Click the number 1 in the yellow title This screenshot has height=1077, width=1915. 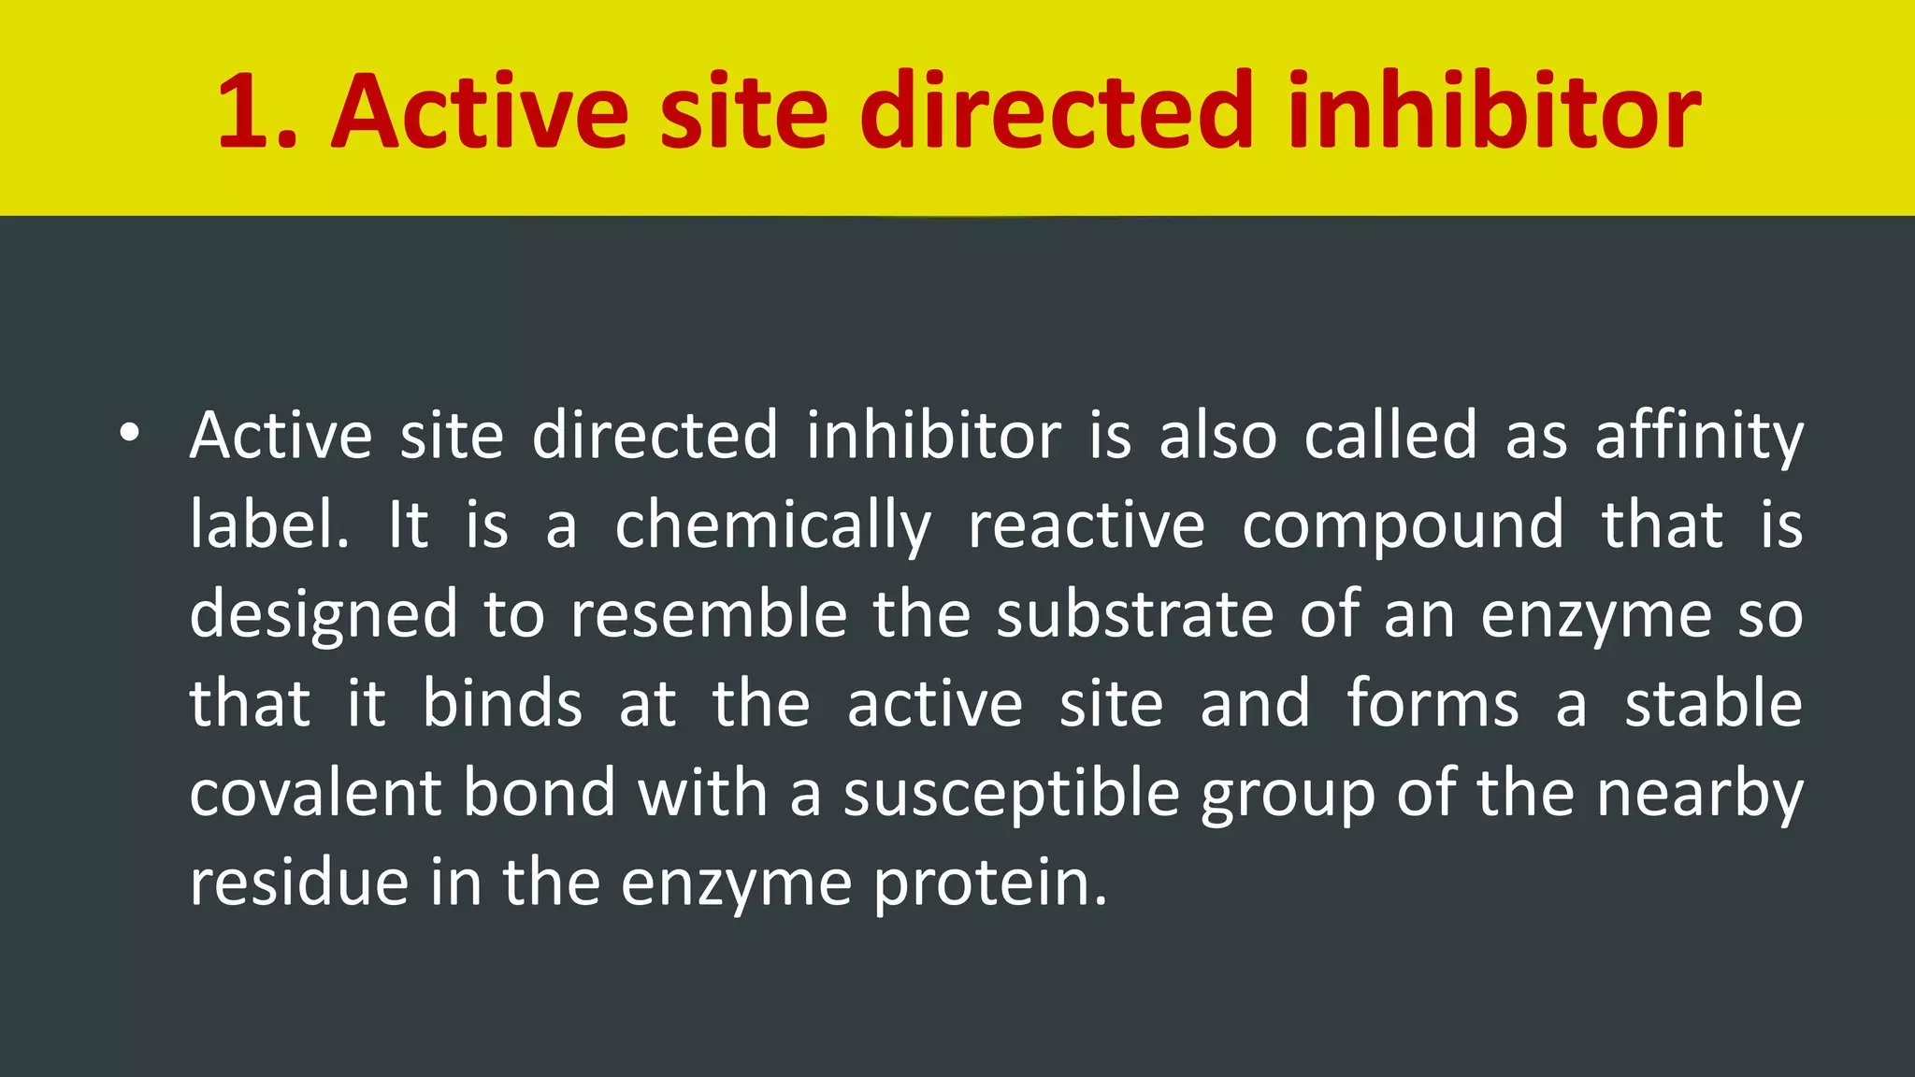(x=246, y=112)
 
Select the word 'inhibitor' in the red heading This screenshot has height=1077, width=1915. (x=1493, y=112)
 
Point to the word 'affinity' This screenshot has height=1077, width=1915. (x=1699, y=436)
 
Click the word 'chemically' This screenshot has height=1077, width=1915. (x=772, y=526)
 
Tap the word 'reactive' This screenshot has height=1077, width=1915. (x=1087, y=524)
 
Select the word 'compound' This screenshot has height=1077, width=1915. (x=1403, y=526)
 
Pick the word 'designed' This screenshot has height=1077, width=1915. (x=324, y=615)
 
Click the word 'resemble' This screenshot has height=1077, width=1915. (x=709, y=614)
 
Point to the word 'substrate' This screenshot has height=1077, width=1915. (x=1135, y=614)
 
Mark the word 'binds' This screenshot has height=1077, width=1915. (x=502, y=703)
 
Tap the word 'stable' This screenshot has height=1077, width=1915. (x=1713, y=703)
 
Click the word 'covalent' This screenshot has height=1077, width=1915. (x=315, y=793)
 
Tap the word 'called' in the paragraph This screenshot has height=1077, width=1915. (x=1390, y=436)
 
